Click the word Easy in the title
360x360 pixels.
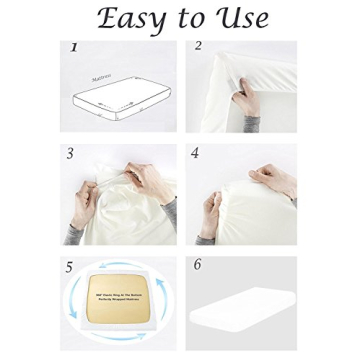[132, 20]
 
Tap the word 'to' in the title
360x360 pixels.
[190, 20]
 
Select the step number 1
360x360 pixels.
[73, 47]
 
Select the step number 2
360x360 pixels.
[198, 46]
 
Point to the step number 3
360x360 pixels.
[70, 154]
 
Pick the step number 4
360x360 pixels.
[195, 154]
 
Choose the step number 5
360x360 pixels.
[69, 267]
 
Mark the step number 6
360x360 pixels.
[197, 264]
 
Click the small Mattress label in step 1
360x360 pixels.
[101, 76]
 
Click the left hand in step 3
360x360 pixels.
[84, 206]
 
